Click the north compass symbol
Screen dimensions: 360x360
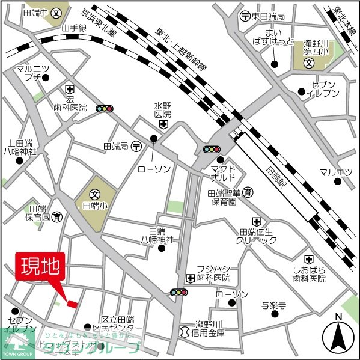click(338, 337)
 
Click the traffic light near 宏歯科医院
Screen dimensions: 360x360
click(106, 109)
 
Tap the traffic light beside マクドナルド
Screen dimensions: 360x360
click(212, 149)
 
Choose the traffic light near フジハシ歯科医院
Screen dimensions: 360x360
click(178, 292)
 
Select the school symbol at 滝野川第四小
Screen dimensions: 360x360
click(308, 62)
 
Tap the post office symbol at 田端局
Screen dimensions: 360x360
click(137, 146)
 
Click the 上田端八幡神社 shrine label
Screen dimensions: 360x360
click(20, 148)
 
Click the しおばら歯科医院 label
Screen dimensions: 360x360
click(309, 273)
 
